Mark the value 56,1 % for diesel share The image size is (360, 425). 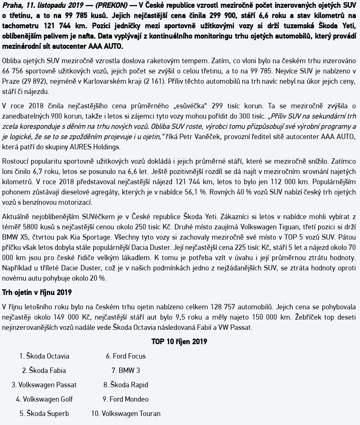224,192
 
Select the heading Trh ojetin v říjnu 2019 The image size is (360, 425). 37,292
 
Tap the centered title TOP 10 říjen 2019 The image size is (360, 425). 179,341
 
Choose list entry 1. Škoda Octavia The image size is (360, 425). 44,356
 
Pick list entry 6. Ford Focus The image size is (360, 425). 126,356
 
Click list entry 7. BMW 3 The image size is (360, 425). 126,370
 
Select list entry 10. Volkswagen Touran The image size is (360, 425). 126,414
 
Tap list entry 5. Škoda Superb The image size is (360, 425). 44,414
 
